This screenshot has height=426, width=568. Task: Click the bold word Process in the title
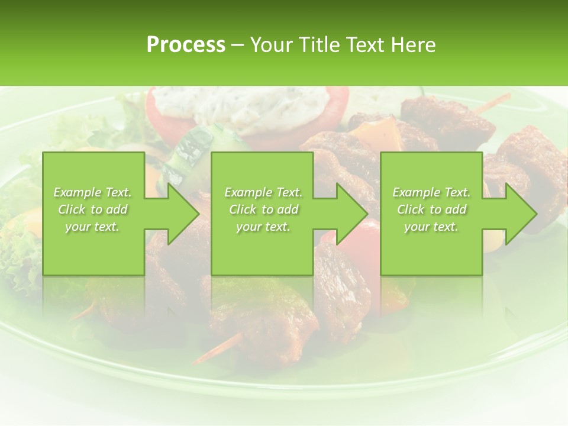[186, 45]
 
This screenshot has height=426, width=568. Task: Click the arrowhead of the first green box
[177, 214]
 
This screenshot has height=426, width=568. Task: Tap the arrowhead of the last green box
[516, 214]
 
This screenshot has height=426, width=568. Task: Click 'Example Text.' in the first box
[92, 192]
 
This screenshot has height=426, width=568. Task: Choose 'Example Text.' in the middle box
[263, 192]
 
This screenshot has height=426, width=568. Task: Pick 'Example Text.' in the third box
[431, 192]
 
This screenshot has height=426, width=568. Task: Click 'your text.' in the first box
[92, 227]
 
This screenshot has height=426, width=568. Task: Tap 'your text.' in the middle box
[263, 227]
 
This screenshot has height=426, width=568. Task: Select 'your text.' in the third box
[431, 227]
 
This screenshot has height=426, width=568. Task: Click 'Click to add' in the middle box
[263, 209]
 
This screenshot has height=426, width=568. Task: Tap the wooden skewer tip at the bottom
[216, 349]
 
